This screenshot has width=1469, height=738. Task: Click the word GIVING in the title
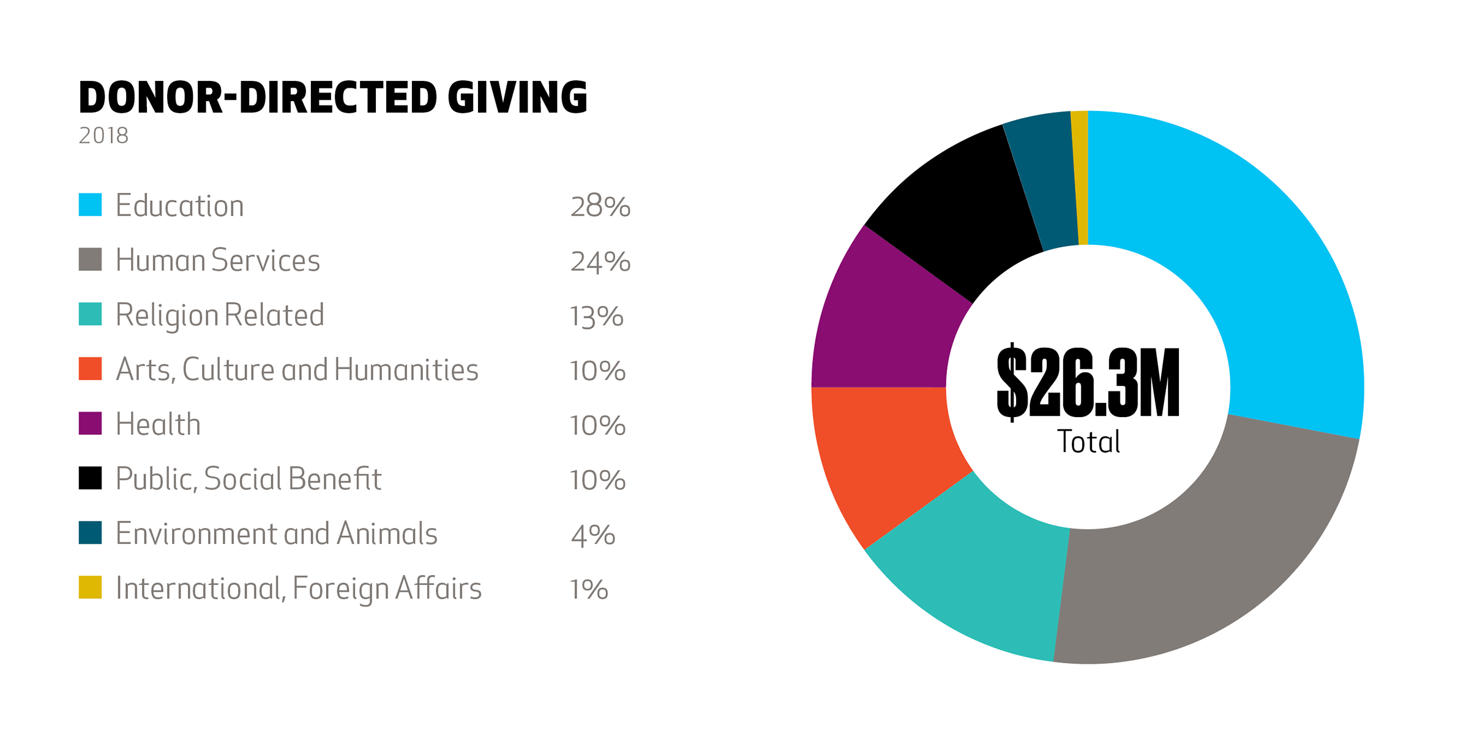click(517, 98)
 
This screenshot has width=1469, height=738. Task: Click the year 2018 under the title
click(103, 136)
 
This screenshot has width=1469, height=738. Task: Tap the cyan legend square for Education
click(90, 205)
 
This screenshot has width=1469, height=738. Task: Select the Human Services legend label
click(217, 260)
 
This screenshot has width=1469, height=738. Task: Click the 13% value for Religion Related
click(596, 317)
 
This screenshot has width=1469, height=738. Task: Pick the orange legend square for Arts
click(90, 369)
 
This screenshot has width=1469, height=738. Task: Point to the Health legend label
click(158, 424)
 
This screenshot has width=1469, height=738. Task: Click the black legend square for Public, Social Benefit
click(90, 478)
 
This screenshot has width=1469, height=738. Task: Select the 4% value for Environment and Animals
click(592, 535)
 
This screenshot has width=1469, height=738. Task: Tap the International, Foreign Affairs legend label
click(298, 589)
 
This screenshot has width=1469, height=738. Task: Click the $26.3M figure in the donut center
click(1088, 383)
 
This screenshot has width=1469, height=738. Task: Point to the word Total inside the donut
click(1088, 442)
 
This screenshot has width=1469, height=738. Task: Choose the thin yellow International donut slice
click(1082, 178)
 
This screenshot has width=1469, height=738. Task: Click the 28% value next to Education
click(600, 206)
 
